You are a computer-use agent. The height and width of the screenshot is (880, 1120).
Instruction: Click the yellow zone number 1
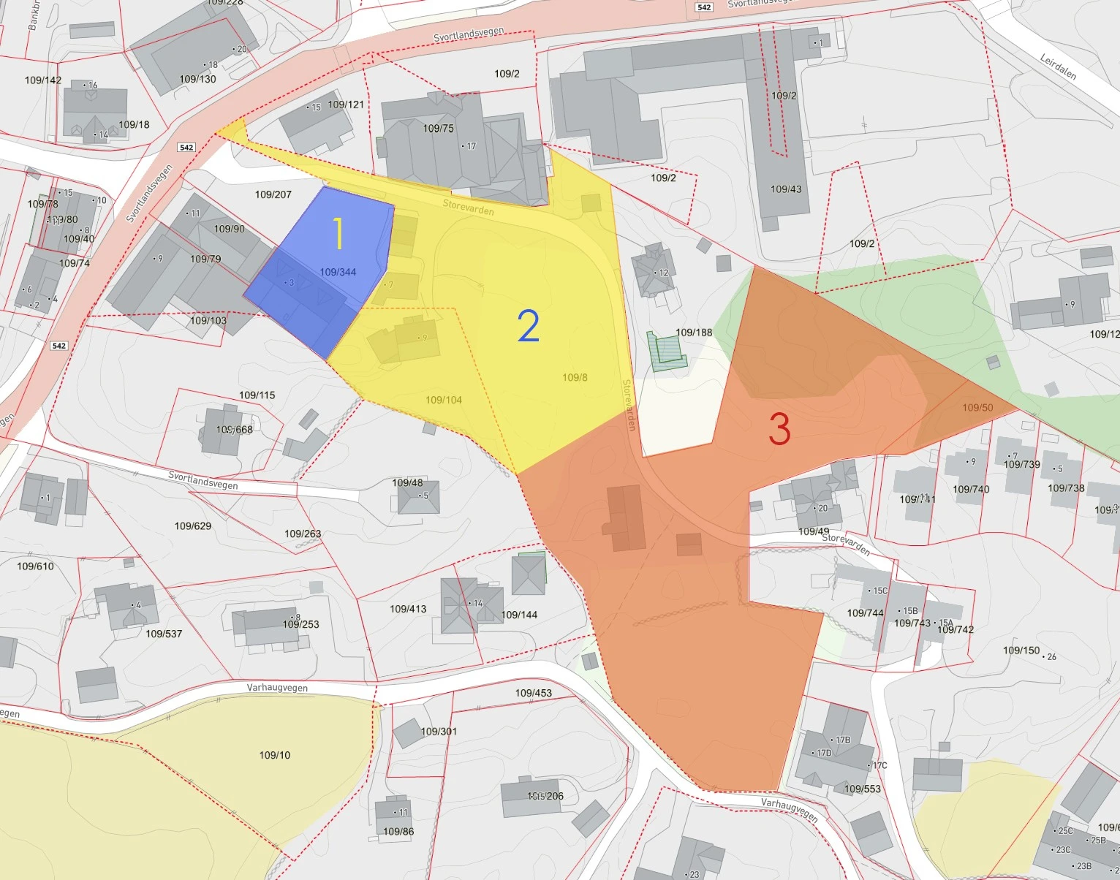(x=338, y=233)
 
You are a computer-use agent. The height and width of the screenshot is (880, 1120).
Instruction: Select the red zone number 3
(x=779, y=429)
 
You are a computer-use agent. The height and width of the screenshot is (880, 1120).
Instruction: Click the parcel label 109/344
(x=338, y=272)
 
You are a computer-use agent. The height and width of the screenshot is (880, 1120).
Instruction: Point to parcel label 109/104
(x=444, y=400)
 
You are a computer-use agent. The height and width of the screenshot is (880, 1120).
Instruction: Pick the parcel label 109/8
(x=575, y=377)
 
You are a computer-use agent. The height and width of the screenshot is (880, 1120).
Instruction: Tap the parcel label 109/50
(x=977, y=407)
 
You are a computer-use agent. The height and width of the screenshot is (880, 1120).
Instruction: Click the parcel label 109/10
(x=275, y=755)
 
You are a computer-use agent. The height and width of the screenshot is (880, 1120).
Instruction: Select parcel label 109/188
(x=694, y=333)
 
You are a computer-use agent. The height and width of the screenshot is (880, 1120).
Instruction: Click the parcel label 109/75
(x=439, y=129)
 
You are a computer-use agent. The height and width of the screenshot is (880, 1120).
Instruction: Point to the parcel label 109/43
(x=786, y=189)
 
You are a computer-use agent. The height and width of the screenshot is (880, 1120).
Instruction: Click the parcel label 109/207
(x=273, y=194)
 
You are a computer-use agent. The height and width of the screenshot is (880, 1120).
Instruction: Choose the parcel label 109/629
(x=193, y=526)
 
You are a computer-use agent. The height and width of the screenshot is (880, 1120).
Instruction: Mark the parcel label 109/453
(x=534, y=693)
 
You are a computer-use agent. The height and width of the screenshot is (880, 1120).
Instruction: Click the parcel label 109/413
(x=408, y=609)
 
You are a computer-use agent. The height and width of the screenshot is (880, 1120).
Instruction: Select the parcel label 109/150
(x=1021, y=650)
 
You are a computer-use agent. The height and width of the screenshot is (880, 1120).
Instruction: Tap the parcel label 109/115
(x=257, y=395)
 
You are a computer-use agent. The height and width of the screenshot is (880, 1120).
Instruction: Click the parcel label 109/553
(x=863, y=789)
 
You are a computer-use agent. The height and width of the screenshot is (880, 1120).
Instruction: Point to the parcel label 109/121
(x=346, y=105)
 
